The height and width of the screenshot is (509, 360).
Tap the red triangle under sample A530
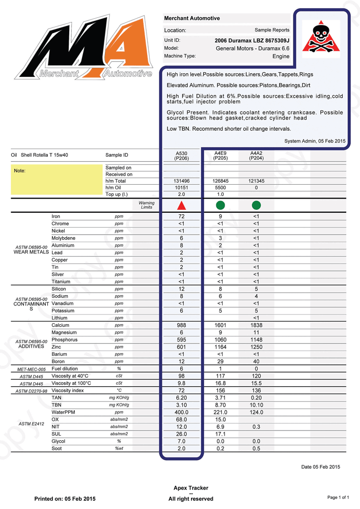click(x=181, y=206)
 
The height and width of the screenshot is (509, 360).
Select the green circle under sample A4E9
click(x=220, y=206)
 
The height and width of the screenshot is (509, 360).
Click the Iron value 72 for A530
click(x=181, y=216)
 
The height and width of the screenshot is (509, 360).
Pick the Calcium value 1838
click(x=256, y=325)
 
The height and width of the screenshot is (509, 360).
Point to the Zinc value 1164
click(x=220, y=347)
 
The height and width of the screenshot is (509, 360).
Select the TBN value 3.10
click(x=181, y=405)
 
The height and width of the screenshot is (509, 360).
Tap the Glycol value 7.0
click(x=181, y=441)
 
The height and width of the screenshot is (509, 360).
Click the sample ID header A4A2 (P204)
click(x=256, y=156)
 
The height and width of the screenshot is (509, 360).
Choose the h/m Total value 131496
click(x=181, y=181)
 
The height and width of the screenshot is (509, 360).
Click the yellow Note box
click(x=56, y=181)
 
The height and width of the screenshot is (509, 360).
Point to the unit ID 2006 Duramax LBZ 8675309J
click(x=252, y=40)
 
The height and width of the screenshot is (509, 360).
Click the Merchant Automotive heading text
click(x=192, y=18)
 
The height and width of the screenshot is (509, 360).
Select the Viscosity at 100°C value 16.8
click(x=220, y=383)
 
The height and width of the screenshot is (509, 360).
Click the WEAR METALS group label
click(x=31, y=252)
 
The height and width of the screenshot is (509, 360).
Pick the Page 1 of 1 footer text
click(x=338, y=497)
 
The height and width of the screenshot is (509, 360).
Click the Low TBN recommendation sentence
click(x=229, y=129)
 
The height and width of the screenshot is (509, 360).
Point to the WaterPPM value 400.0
click(x=181, y=412)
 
